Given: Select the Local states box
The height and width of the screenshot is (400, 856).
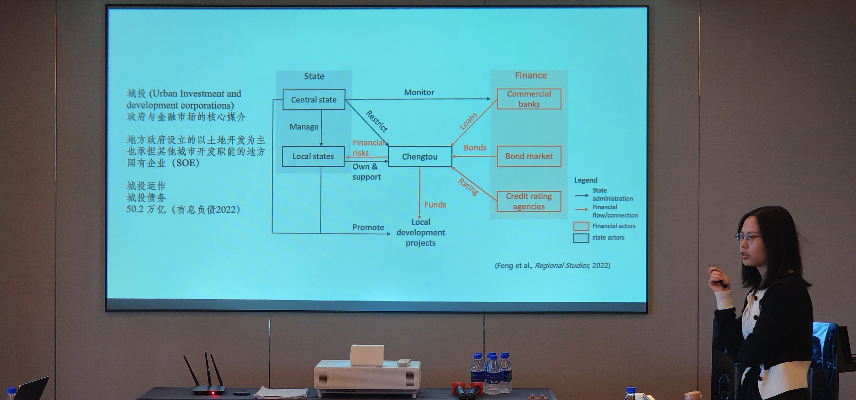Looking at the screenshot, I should click(313, 156).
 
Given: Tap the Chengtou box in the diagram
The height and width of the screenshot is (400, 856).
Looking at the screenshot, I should click(420, 157).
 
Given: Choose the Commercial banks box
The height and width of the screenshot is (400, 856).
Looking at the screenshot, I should click(529, 99).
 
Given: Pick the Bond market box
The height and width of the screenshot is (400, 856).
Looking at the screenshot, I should click(529, 156).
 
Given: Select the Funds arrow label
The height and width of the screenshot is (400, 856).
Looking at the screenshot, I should click(435, 204).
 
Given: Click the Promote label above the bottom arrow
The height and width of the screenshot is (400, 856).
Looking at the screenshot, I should click(368, 227).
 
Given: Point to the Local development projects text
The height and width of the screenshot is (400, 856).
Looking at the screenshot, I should click(421, 232).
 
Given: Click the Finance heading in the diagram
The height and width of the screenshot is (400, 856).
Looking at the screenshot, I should click(531, 75).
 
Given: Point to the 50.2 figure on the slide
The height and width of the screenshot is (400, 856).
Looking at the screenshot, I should click(135, 209).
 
